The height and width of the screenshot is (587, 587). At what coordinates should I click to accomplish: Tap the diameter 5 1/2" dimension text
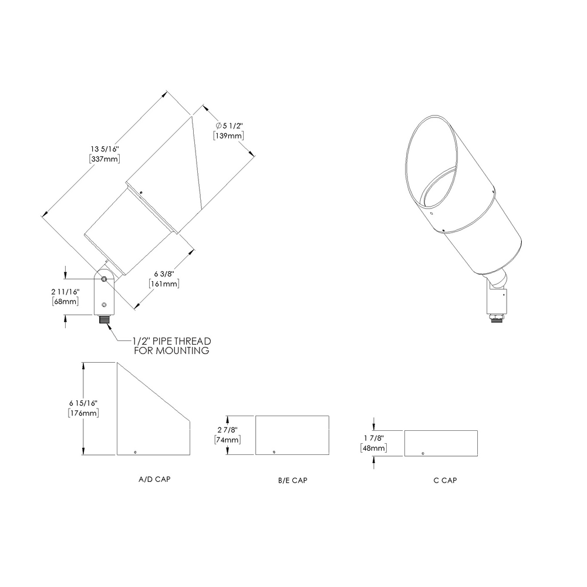(229, 126)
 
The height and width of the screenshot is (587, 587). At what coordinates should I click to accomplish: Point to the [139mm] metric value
(229, 136)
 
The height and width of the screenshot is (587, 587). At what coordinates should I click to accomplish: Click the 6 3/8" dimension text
(164, 274)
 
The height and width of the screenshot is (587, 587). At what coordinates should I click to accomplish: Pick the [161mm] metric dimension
(164, 284)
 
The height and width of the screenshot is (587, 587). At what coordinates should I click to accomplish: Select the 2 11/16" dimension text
(65, 292)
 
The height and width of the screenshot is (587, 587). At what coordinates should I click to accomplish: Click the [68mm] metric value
(65, 301)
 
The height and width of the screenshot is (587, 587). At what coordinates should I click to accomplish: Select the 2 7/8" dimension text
(229, 430)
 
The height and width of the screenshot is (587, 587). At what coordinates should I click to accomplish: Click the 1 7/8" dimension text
(374, 438)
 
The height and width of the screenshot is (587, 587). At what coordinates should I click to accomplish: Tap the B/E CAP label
(292, 481)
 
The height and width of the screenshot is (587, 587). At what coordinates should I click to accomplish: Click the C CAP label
(445, 481)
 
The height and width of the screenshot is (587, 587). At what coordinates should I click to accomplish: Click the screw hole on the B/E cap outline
(274, 451)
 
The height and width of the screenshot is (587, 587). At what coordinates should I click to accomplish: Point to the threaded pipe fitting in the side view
(104, 321)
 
